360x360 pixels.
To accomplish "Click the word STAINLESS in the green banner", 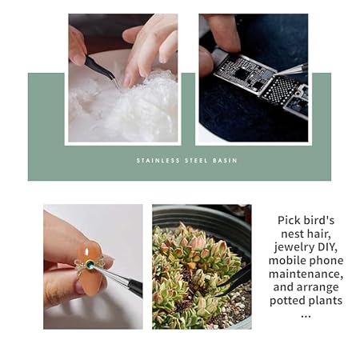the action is click(158, 161).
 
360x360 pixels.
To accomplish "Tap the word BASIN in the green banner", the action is click(225, 161).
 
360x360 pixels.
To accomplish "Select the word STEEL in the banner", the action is click(196, 161).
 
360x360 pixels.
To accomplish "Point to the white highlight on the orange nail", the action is click(87, 251).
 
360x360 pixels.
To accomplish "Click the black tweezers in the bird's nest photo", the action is click(102, 70).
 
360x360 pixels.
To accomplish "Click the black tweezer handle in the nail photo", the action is click(135, 287).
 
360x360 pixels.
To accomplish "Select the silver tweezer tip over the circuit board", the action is click(290, 70).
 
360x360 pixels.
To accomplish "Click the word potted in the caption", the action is click(286, 301).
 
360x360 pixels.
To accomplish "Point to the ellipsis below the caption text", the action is click(306, 316).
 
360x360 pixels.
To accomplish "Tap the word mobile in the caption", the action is click(286, 261).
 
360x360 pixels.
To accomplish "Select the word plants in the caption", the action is click(325, 301).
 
